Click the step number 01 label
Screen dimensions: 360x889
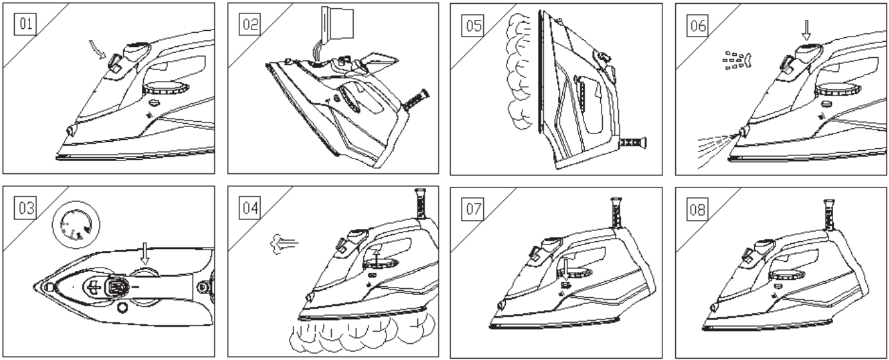pyautogui.click(x=28, y=25)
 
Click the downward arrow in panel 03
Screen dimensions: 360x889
pyautogui.click(x=145, y=255)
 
